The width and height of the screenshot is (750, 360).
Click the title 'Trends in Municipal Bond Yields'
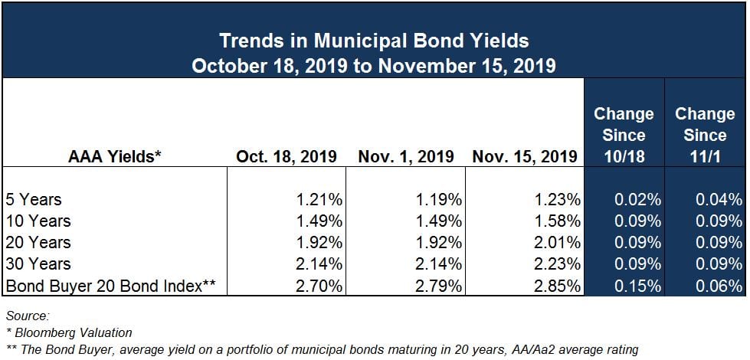(x=374, y=41)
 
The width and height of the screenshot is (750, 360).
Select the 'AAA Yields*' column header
(x=115, y=156)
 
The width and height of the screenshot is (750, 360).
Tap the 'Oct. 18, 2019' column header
(x=286, y=156)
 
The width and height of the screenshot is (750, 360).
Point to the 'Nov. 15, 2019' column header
(x=524, y=156)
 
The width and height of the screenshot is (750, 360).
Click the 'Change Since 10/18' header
(x=624, y=136)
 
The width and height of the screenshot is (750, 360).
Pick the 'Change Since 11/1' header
(x=705, y=136)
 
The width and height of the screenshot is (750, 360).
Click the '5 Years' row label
(x=34, y=199)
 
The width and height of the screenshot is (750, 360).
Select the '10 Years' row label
(x=38, y=221)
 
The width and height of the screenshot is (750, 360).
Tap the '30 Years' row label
(x=38, y=264)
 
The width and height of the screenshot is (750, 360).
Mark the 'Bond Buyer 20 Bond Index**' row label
(x=110, y=286)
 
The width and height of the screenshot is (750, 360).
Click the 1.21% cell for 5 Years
(x=319, y=199)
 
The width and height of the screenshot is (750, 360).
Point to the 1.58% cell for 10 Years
(x=558, y=221)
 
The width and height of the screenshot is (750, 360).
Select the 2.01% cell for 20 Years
(x=558, y=242)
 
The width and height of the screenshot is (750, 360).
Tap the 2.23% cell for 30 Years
(x=558, y=264)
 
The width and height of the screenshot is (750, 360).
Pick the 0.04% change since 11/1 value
(x=719, y=199)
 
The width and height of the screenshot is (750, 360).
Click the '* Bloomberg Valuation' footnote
(x=69, y=332)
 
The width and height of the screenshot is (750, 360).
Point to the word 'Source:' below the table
(x=28, y=316)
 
